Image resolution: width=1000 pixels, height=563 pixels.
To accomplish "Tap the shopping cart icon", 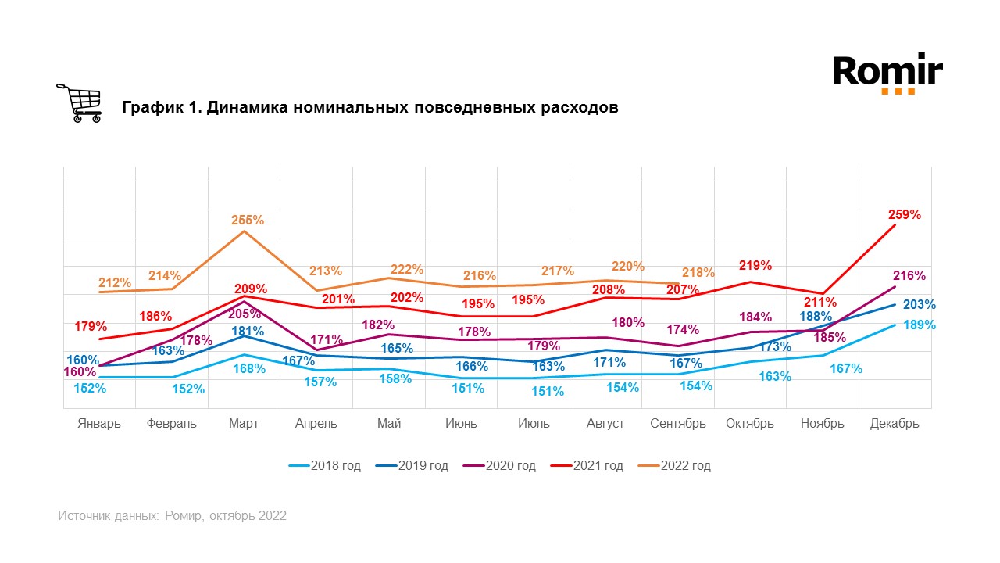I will coord(80,103).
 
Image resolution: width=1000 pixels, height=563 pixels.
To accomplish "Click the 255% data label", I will coord(248,221).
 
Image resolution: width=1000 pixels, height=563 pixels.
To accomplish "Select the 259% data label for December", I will coord(904,214).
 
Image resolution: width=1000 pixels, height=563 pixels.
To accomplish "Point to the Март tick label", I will coord(245,424).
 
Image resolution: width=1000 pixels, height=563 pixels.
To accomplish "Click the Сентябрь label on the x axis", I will coord(678,424).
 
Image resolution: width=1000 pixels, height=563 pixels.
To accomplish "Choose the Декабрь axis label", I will coord(895,424).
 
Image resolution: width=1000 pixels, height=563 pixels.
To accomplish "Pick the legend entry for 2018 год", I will coord(324,466).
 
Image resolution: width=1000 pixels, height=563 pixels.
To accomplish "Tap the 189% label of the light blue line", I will coord(920,325).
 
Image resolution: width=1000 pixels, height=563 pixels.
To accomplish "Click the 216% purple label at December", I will coord(909,275).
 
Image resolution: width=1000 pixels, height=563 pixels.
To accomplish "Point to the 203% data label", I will coord(920,305).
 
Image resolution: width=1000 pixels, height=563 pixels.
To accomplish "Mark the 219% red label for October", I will coord(755,265).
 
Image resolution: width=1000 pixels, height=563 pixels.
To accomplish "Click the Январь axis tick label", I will coord(99,424).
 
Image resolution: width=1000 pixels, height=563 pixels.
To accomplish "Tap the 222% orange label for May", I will coord(407,269).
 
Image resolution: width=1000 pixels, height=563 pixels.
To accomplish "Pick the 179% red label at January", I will coord(91,326).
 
